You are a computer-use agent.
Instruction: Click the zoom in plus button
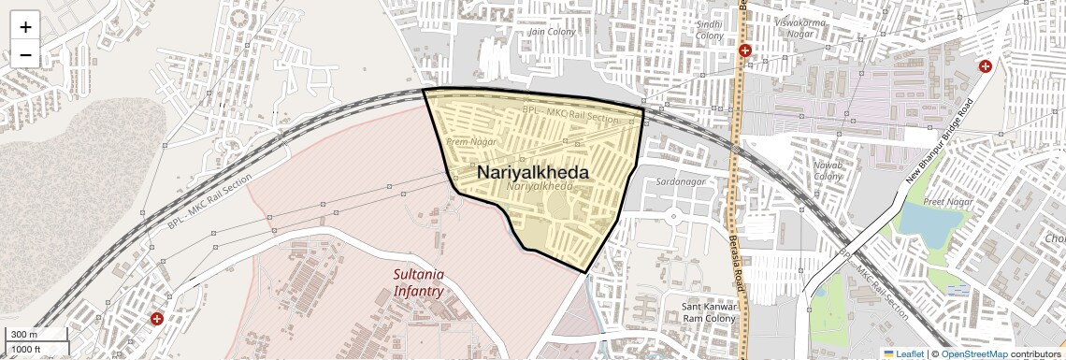point(25,27)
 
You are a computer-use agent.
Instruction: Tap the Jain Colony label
point(552,32)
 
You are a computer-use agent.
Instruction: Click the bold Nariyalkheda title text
point(533,173)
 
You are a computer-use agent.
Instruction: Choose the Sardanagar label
point(680,180)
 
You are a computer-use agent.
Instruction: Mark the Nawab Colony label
point(828,170)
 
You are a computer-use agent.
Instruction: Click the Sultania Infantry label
point(418,282)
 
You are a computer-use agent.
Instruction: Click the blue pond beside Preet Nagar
point(936,221)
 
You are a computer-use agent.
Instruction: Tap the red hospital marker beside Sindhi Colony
point(744,50)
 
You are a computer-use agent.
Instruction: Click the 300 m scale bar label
point(25,335)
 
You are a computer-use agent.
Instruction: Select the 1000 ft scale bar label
point(27,349)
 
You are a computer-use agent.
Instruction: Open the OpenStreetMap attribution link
point(973,353)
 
